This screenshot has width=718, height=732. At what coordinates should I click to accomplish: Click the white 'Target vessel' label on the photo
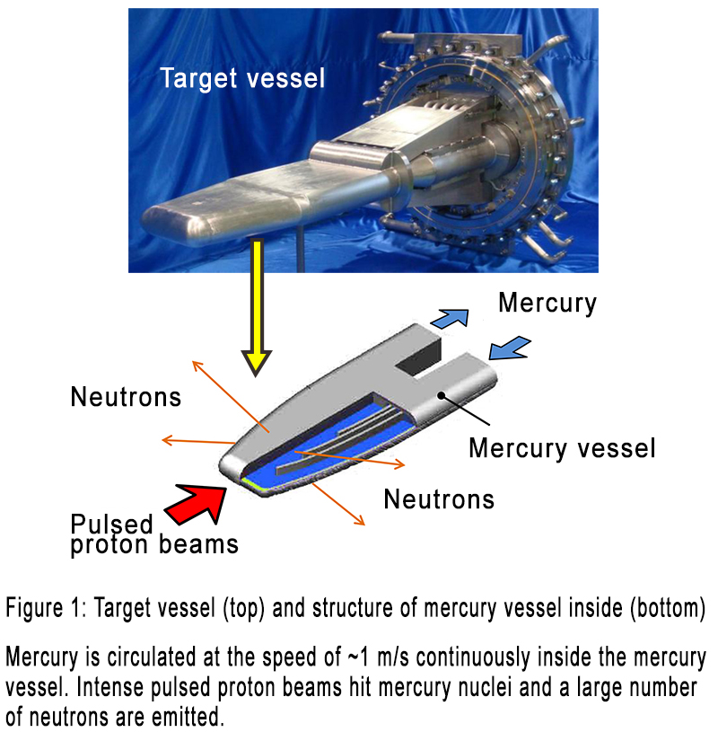click(242, 78)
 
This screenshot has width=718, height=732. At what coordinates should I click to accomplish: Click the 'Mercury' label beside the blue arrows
click(547, 303)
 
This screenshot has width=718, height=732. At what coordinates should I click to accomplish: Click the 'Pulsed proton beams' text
click(154, 534)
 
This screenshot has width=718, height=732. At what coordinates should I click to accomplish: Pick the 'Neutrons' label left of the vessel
click(126, 396)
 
